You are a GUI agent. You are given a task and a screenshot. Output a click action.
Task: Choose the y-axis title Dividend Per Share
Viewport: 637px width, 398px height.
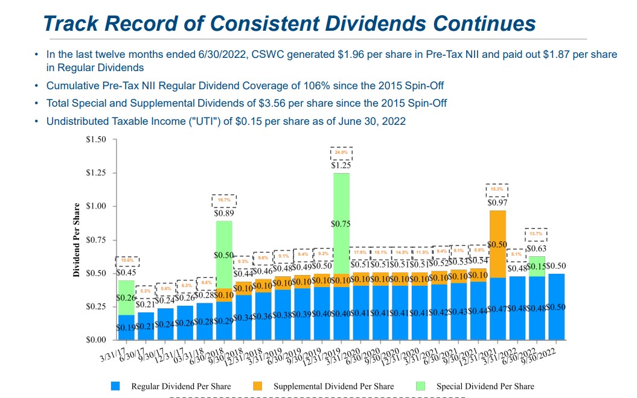(x=77, y=240)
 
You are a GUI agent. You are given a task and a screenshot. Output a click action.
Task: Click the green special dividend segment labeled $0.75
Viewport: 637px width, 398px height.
(x=342, y=223)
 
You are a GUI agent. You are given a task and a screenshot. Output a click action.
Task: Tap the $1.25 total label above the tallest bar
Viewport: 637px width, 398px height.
(x=341, y=165)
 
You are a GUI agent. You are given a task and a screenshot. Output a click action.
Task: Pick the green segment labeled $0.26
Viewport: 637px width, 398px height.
(x=126, y=297)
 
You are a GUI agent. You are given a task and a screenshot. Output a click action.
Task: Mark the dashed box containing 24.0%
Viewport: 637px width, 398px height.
(x=341, y=153)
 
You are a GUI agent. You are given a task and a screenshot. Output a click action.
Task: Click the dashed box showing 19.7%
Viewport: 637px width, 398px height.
(x=223, y=200)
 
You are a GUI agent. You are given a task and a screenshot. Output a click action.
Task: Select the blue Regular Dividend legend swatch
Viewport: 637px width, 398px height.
(x=117, y=386)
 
